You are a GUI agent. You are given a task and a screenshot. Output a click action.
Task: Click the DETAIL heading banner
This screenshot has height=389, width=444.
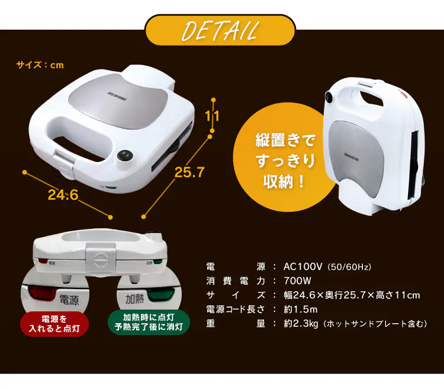pyautogui.click(x=220, y=30)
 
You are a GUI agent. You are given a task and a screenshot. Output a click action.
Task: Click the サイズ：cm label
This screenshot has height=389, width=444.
pyautogui.click(x=40, y=65)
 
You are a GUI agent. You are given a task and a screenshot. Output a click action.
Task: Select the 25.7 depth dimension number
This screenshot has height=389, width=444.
pyautogui.click(x=189, y=173)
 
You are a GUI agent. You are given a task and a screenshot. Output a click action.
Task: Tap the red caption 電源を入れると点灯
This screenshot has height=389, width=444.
pyautogui.click(x=54, y=323)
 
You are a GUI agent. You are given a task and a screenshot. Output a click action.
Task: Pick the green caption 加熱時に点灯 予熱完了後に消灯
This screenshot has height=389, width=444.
pyautogui.click(x=149, y=323)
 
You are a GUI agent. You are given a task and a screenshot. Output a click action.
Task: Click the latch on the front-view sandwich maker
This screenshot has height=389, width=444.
pyautogui.click(x=99, y=259)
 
